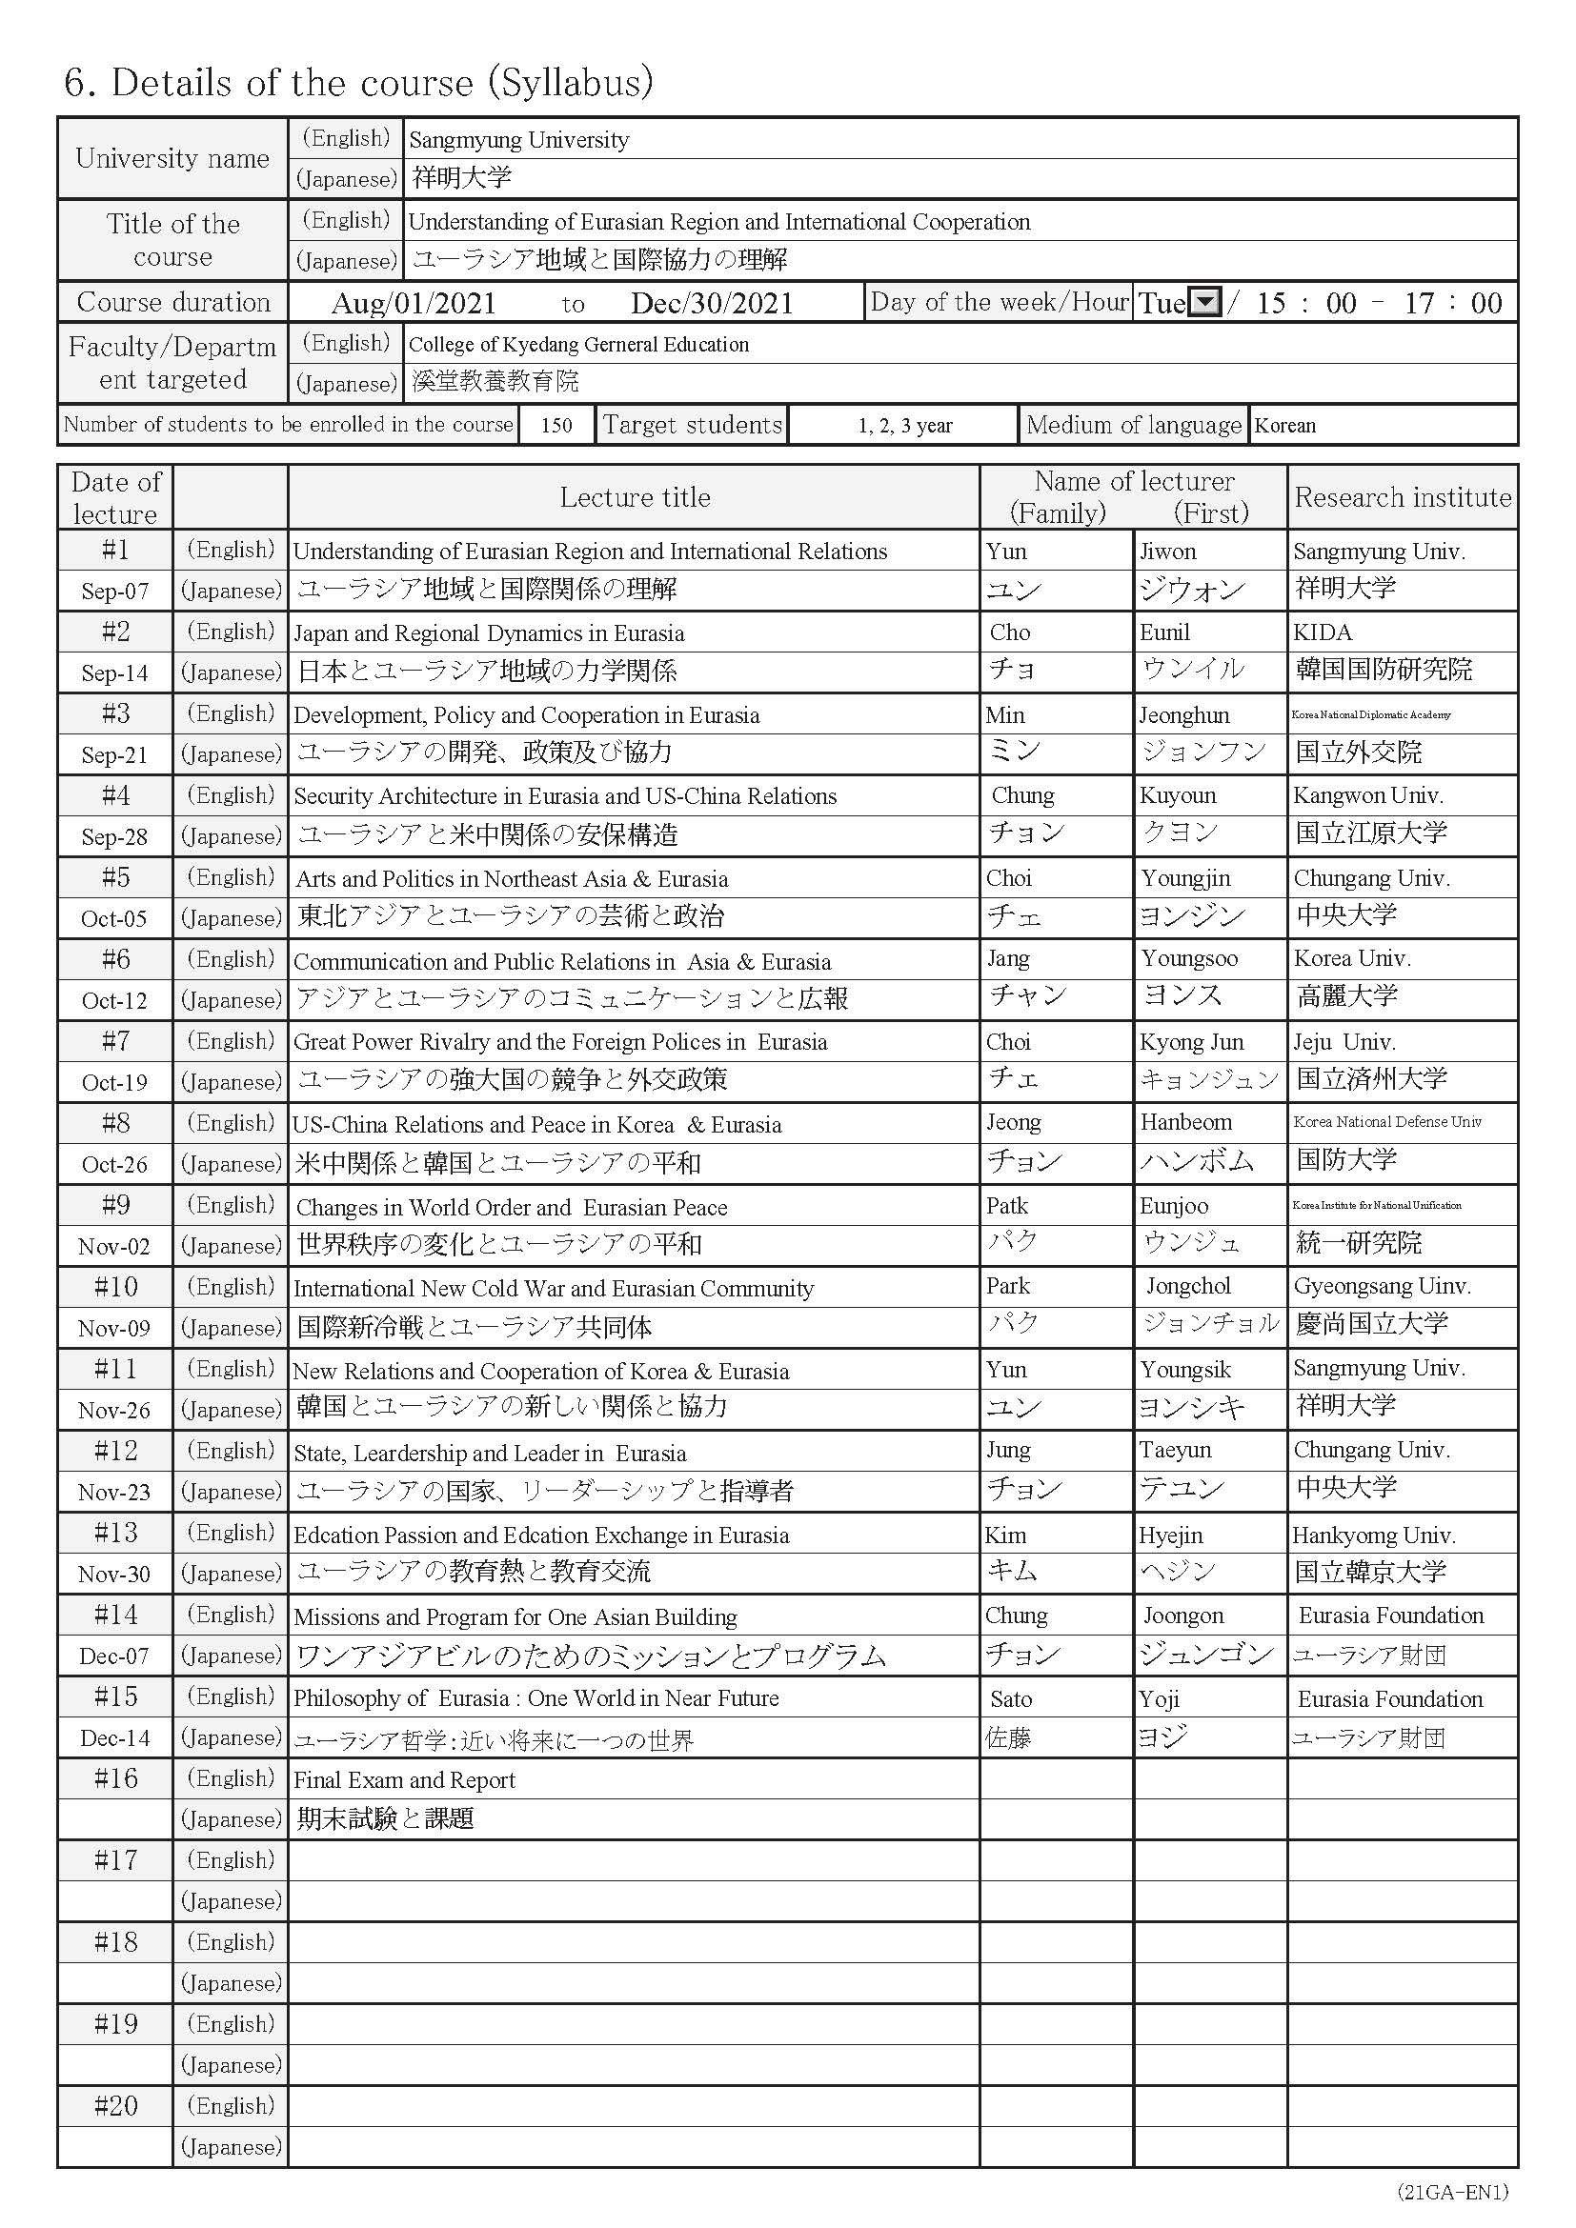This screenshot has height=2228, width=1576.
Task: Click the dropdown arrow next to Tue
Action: (x=1204, y=303)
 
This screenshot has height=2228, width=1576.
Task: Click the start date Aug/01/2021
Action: (x=414, y=304)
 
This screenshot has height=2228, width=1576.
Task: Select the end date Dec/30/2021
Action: (x=712, y=304)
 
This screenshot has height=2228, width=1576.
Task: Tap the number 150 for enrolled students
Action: (x=556, y=425)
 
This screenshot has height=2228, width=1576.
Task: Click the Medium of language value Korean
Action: (x=1284, y=425)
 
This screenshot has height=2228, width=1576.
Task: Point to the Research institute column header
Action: (x=1403, y=498)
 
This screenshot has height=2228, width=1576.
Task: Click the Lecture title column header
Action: (x=635, y=498)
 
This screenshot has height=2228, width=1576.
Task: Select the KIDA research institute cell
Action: (x=1322, y=632)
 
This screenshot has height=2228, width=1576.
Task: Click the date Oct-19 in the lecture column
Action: (x=114, y=1083)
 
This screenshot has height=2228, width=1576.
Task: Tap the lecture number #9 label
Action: (x=114, y=1205)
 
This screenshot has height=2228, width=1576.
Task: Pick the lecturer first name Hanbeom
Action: (x=1186, y=1123)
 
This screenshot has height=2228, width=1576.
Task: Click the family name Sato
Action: (x=1011, y=1699)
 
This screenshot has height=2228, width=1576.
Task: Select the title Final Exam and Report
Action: (x=405, y=1780)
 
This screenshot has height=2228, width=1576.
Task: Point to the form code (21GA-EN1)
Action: (x=1452, y=2192)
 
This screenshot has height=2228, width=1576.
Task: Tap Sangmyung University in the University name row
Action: (x=519, y=140)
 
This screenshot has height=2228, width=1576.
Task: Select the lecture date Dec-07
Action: (x=114, y=1656)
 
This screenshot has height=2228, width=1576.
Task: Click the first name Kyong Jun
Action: (x=1192, y=1042)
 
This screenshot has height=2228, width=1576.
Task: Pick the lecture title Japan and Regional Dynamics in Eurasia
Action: (x=489, y=633)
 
